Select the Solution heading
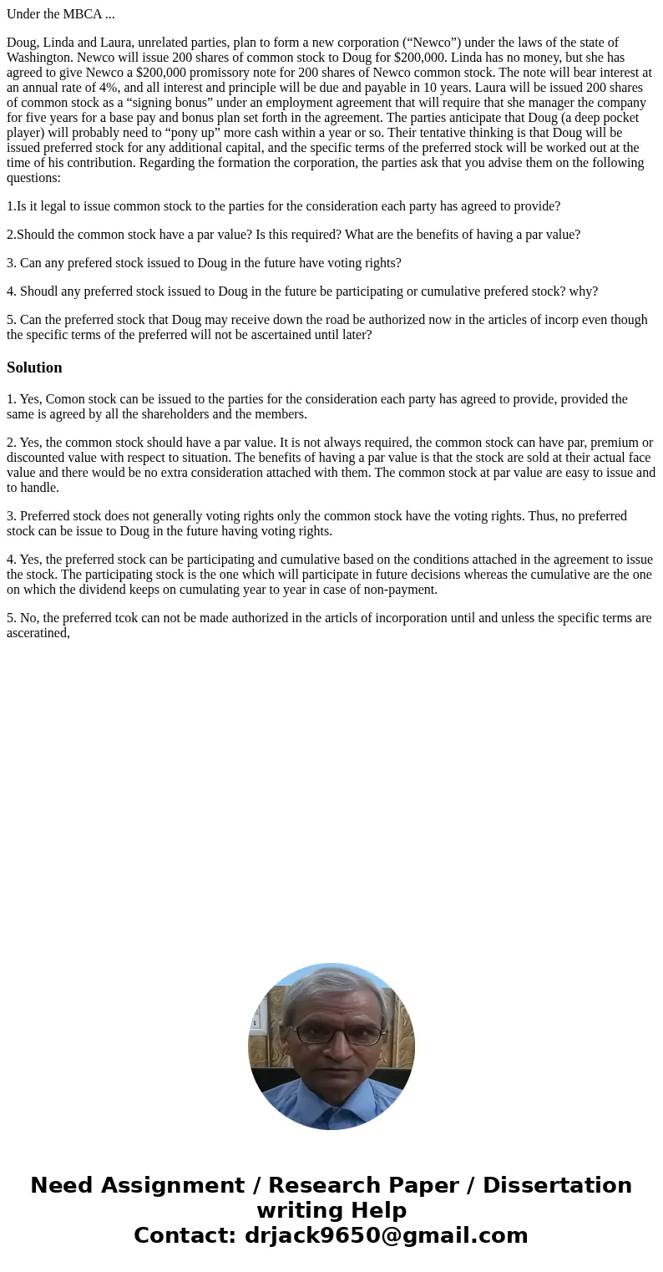[x=34, y=367]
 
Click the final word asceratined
[x=38, y=633]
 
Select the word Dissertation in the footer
[x=557, y=1186]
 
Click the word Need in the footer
[x=62, y=1186]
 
